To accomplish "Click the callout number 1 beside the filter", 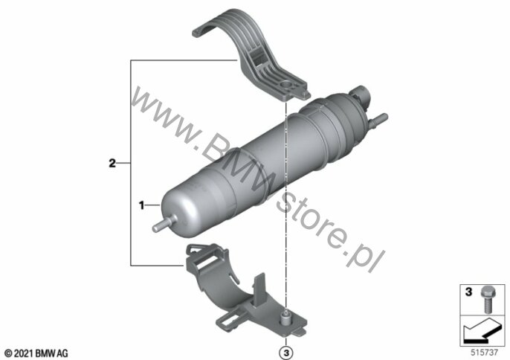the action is coord(141,206).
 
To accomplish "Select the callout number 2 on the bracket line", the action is coord(112,163).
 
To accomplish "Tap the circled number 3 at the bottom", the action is coord(286,353).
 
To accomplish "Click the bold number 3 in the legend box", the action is coord(468,292).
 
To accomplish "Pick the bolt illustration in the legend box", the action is coord(485,300).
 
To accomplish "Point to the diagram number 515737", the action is coord(485,353).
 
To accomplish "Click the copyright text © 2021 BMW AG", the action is coord(36,353).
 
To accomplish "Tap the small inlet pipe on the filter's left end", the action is coord(161,225).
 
